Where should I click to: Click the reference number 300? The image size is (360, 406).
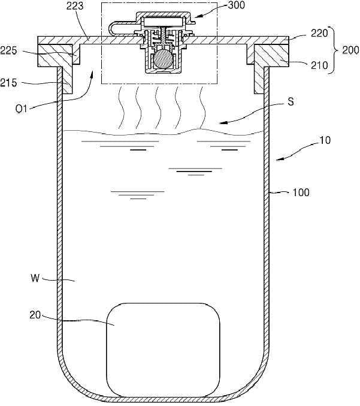(x=236, y=5)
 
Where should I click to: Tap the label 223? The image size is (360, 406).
(x=75, y=6)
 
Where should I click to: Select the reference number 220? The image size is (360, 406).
(x=319, y=33)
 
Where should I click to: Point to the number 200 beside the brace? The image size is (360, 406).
(x=350, y=50)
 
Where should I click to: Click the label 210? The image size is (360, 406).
(x=319, y=65)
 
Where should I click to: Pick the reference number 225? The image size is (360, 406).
(x=8, y=50)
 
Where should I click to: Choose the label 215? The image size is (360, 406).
(x=8, y=83)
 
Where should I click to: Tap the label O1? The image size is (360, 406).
(x=21, y=109)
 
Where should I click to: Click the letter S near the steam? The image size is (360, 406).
(x=291, y=102)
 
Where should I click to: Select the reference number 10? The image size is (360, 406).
(x=325, y=140)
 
